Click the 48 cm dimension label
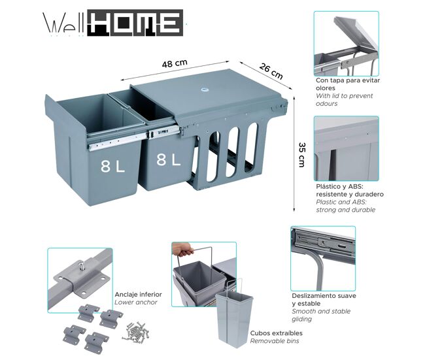(175, 63)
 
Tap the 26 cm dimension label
(271, 71)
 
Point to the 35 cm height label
(302, 155)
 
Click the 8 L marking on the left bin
(112, 167)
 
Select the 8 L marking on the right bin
(168, 159)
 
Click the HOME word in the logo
(135, 23)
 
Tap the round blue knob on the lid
(204, 89)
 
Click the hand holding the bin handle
(182, 249)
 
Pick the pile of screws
(135, 331)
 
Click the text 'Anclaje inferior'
(138, 295)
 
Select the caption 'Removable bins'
(275, 341)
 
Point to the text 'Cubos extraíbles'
(276, 333)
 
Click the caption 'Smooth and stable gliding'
(321, 315)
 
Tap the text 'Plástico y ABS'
(339, 186)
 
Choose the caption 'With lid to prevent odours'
(344, 100)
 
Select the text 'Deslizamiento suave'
(324, 296)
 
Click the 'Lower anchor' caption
(136, 303)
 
